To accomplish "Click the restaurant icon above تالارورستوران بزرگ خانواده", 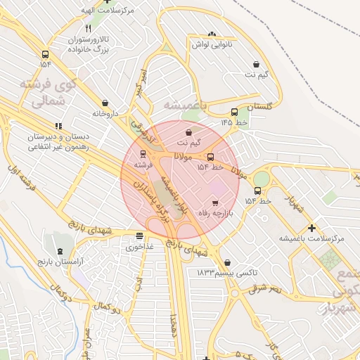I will (88, 29).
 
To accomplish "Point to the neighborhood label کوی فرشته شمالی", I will (46, 93).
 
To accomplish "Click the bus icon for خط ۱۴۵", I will (234, 112).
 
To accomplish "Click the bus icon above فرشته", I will (143, 153).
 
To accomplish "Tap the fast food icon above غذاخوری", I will (139, 236).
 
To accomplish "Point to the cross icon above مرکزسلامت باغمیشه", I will (312, 228).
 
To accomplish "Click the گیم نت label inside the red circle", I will (188, 143).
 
